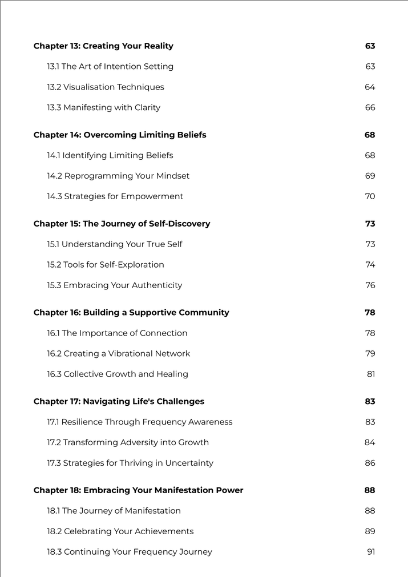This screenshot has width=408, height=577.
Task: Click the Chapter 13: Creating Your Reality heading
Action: (103, 46)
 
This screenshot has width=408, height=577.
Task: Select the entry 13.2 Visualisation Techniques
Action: (106, 87)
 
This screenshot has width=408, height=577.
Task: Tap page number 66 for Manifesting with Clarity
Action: (370, 108)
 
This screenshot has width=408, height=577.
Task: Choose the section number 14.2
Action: (54, 176)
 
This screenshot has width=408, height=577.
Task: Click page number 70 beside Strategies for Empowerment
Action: (370, 197)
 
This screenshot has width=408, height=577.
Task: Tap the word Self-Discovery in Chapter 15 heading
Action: (179, 224)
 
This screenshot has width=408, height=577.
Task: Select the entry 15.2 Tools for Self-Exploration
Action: (106, 265)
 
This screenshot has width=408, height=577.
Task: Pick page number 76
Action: (370, 286)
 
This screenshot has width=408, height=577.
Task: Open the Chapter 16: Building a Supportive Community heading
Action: (131, 313)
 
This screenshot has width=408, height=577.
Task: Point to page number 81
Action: (371, 374)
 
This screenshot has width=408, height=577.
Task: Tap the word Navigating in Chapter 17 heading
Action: (106, 402)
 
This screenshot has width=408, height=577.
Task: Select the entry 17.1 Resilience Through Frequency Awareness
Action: (140, 422)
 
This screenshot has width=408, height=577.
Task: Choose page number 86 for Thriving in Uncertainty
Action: (370, 463)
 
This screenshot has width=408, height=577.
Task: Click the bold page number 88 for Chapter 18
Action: (370, 491)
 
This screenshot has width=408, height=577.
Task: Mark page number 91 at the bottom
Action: (371, 552)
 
